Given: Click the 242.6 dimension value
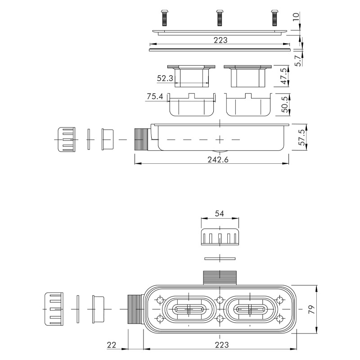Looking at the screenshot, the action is [218, 159].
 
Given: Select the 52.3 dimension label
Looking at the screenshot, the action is [165, 78].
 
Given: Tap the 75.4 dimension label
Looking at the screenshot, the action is [155, 96].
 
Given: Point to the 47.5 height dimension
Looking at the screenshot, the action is [284, 76].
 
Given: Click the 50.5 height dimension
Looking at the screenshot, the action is [285, 104].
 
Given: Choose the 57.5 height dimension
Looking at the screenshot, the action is [302, 137].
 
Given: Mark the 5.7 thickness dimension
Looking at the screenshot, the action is [298, 61].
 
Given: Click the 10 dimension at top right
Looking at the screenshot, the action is [296, 17].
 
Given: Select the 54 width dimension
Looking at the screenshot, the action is [219, 213].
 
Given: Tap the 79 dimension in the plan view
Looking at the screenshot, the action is [311, 310].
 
